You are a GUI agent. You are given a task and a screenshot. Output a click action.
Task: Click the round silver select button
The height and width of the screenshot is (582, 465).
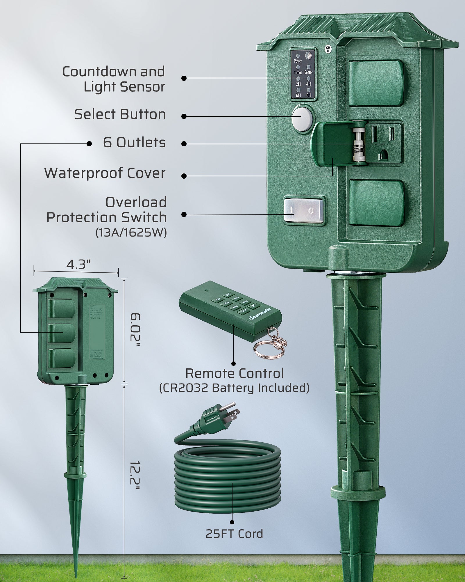(301, 119)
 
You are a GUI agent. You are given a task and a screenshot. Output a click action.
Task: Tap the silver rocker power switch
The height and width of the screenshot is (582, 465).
(304, 210)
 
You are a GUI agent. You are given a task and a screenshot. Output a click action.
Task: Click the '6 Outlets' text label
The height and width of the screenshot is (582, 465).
(134, 143)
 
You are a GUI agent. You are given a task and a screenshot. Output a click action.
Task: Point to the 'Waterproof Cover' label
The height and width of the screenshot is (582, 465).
(105, 173)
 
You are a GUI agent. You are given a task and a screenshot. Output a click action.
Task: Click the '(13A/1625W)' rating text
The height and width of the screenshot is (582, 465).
(131, 233)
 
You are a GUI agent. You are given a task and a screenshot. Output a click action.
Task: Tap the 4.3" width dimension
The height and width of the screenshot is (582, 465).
(78, 264)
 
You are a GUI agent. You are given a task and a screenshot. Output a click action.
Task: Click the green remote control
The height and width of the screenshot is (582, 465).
(230, 310)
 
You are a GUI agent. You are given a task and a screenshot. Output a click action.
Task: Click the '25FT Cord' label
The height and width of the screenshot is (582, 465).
(234, 534)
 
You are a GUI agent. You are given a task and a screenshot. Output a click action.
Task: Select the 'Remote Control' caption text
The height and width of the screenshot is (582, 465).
(234, 373)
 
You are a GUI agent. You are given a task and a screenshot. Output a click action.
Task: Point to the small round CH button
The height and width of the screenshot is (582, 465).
(328, 49)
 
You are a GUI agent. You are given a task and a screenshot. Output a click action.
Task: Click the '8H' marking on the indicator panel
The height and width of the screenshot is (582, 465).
(309, 95)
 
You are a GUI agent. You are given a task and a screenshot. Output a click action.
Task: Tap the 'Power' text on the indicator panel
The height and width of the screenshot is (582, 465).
(298, 61)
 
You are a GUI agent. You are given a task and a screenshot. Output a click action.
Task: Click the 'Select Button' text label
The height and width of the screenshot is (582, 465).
(120, 114)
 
